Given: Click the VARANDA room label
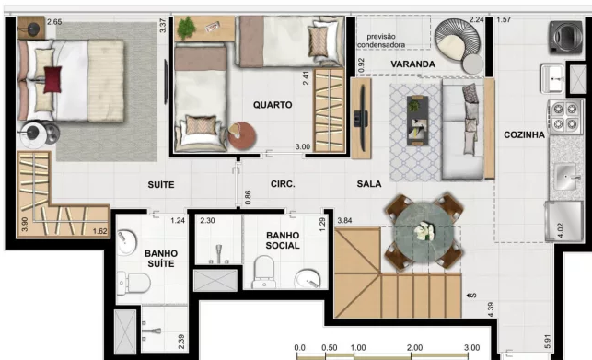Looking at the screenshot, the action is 412,64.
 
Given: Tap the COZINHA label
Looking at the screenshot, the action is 524,134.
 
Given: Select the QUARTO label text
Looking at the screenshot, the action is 273,105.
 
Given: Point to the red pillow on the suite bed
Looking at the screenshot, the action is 52,79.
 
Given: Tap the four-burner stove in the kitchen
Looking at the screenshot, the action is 565,116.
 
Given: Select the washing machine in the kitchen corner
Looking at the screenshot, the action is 565,37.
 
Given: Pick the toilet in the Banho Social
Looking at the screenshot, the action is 264,272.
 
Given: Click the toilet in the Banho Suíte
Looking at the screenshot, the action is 133,283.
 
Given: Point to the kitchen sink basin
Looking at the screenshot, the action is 564,176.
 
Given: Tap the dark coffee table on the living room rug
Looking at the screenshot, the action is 417,121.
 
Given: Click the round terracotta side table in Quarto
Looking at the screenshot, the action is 242,135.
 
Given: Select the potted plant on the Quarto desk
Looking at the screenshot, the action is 186,28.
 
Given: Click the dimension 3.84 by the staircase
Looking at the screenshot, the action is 344,220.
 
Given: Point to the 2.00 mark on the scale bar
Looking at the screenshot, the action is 414,347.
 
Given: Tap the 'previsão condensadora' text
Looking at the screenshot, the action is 381,41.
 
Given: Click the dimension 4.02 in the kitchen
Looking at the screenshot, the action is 561,230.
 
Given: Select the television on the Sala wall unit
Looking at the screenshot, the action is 361,118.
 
